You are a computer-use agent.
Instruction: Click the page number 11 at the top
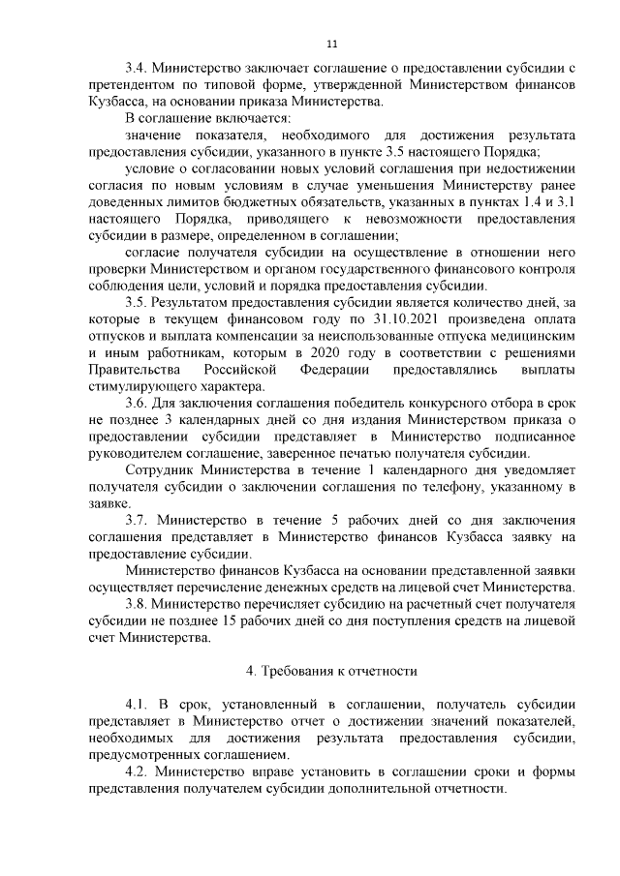tap(332, 44)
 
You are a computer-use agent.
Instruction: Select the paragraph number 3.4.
tap(138, 69)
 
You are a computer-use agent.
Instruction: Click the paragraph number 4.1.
tap(138, 704)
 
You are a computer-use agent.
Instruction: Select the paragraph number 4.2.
tap(138, 771)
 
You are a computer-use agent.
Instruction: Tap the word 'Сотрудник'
tap(159, 470)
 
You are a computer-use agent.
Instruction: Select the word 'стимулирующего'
tap(139, 386)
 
